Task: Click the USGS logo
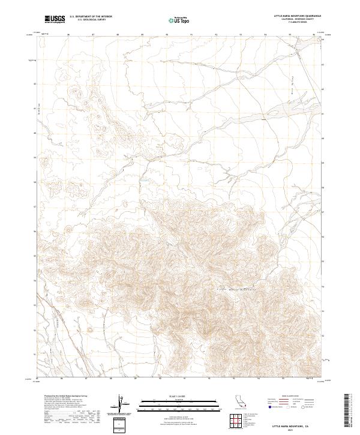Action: click(x=55, y=19)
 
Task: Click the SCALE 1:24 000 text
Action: click(x=173, y=395)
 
